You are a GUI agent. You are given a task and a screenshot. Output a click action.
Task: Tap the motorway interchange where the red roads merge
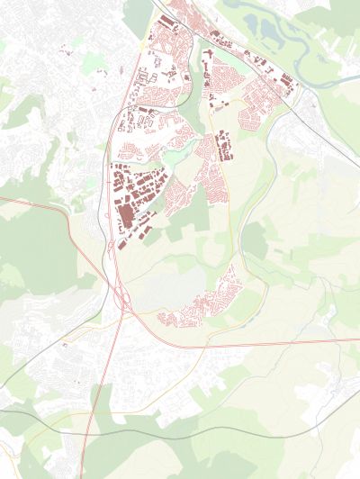tap(120, 294)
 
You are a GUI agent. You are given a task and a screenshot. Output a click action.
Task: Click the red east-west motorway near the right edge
tap(333, 341)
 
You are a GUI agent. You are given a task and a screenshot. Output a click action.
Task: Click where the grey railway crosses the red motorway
tap(98, 413)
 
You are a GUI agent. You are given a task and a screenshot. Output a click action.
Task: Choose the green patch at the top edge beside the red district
tap(137, 14)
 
